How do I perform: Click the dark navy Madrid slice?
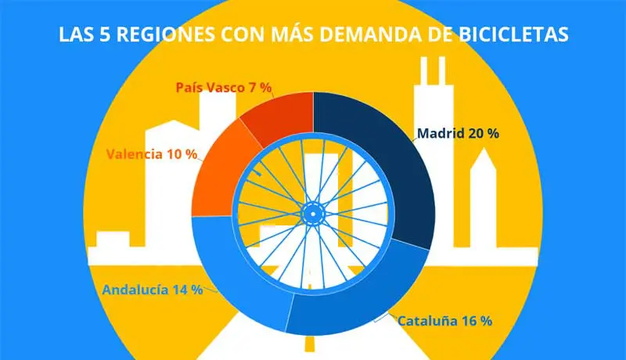[x=391, y=172]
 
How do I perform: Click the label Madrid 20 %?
[x=458, y=133]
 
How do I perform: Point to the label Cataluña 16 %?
[x=444, y=320]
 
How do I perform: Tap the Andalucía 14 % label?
[x=152, y=289]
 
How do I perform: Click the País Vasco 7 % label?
[x=223, y=88]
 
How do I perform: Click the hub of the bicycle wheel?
[x=312, y=211]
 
